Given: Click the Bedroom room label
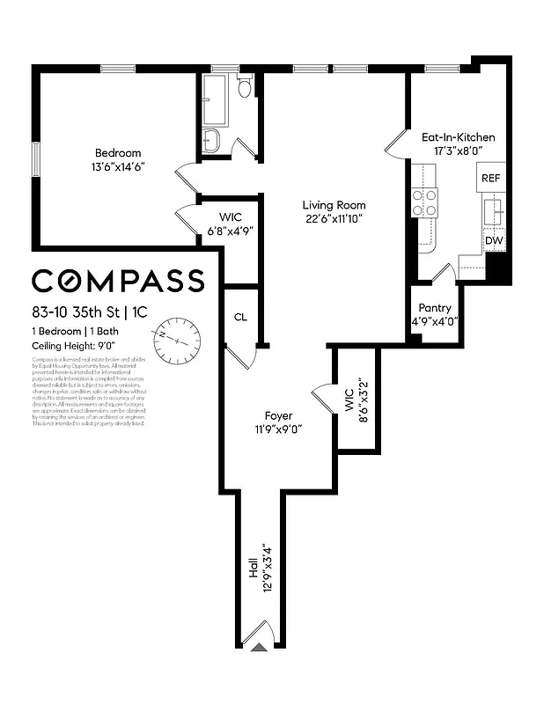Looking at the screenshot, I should pos(113,151).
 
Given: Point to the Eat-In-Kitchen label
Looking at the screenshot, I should pos(458,137).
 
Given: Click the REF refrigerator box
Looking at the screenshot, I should pos(490,178).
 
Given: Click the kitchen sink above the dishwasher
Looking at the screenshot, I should pos(493,211).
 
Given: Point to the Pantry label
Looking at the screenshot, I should pos(435,308).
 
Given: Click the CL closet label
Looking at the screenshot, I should pos(240,318).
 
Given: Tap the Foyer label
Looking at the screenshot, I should pos(278,415).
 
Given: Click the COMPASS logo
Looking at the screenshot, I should pos(119,280).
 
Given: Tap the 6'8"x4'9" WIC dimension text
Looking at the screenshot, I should pos(231,231).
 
